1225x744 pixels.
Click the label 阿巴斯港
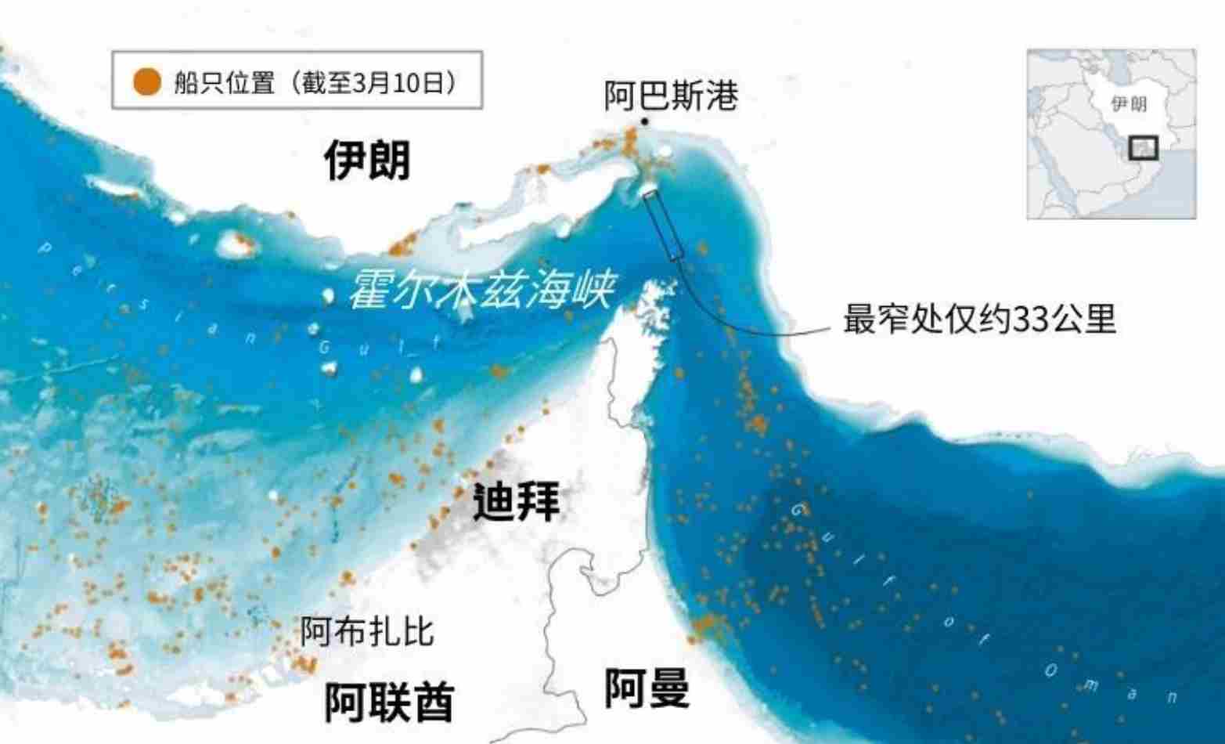point(671,96)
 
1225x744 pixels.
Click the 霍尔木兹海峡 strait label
point(480,291)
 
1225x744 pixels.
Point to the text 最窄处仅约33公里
point(978,320)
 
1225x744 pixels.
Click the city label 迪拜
point(517,501)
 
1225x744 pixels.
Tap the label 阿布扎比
point(367,630)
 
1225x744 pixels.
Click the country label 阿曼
point(647,689)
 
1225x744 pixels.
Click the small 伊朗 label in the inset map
point(1129,104)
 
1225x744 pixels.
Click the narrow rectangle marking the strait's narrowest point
point(664,225)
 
